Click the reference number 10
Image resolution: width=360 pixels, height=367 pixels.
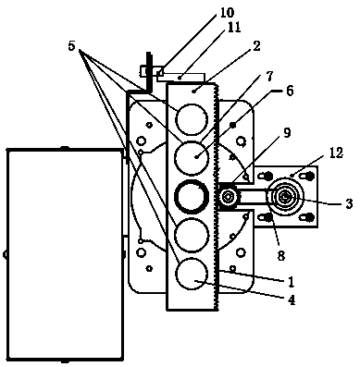(x=227, y=12)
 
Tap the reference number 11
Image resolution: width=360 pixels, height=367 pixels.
(x=233, y=27)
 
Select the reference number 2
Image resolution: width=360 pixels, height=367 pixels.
(x=256, y=46)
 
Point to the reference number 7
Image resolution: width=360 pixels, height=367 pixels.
(x=269, y=77)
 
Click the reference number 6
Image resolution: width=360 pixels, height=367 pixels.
(x=289, y=92)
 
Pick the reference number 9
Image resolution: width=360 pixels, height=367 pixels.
(x=287, y=133)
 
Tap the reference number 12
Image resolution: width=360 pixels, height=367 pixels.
(x=336, y=153)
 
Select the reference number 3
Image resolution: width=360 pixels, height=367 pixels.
(x=349, y=204)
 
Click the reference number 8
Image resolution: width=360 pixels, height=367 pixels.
(x=280, y=255)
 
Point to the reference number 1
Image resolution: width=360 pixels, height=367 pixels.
(x=291, y=282)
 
